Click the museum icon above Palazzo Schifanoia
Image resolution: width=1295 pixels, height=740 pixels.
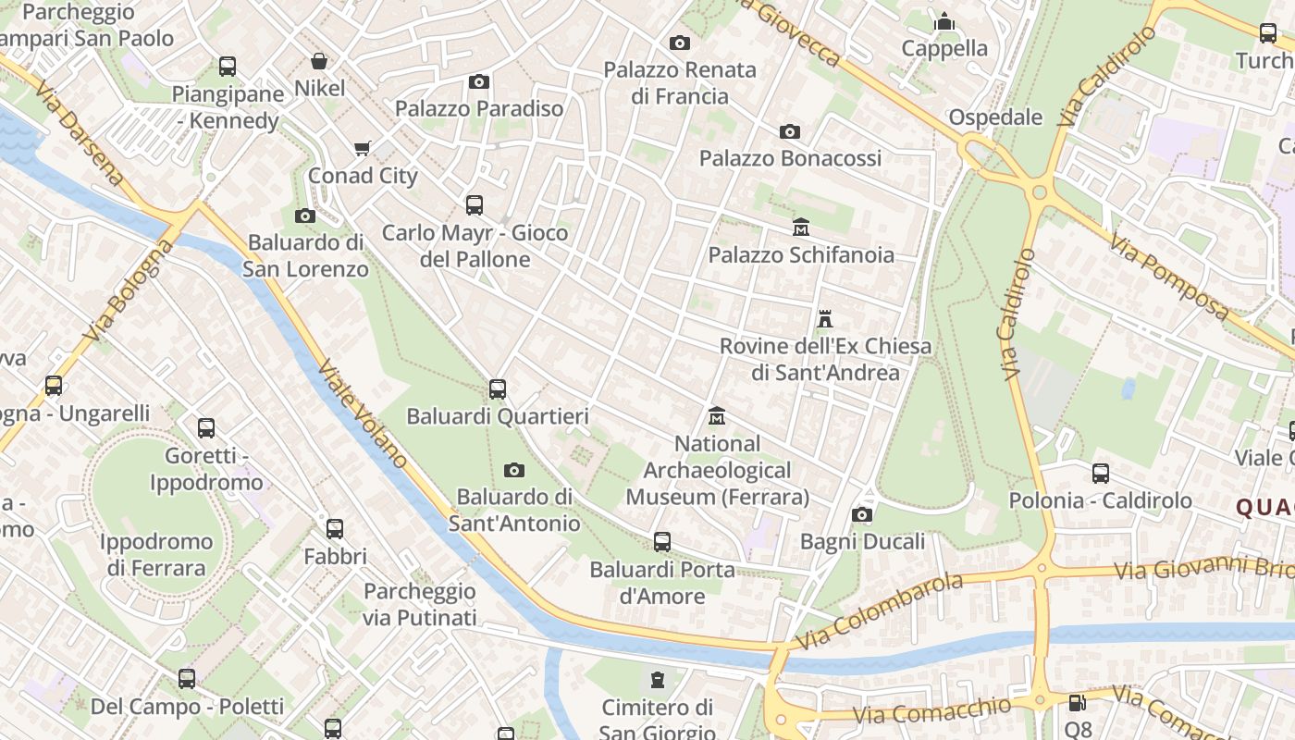pyautogui.click(x=800, y=227)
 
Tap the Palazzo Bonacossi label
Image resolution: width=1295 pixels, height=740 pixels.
pyautogui.click(x=790, y=158)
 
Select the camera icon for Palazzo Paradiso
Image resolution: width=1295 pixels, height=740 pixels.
pyautogui.click(x=478, y=81)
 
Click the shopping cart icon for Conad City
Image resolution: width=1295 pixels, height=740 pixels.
pyautogui.click(x=363, y=148)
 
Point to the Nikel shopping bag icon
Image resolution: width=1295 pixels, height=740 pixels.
pyautogui.click(x=319, y=61)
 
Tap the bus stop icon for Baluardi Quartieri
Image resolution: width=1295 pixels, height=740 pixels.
pyautogui.click(x=498, y=389)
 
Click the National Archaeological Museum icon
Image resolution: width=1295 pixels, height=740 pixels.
pyautogui.click(x=717, y=416)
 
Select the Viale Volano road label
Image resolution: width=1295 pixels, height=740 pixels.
pyautogui.click(x=363, y=413)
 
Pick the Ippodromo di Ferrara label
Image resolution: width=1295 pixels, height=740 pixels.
pyautogui.click(x=155, y=554)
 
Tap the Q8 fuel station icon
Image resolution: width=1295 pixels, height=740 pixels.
pyautogui.click(x=1077, y=703)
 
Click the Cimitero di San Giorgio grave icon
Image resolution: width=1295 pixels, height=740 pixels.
pyautogui.click(x=658, y=680)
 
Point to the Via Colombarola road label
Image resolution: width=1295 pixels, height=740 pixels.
pyautogui.click(x=878, y=610)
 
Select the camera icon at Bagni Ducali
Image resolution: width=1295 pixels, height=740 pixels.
pyautogui.click(x=862, y=514)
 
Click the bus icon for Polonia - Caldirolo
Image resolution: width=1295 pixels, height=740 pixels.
pyautogui.click(x=1101, y=474)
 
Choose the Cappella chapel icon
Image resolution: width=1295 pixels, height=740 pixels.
pyautogui.click(x=944, y=20)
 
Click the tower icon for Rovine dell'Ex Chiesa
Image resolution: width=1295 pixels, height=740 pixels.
pyautogui.click(x=825, y=319)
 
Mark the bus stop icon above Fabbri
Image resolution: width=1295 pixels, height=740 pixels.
pyautogui.click(x=335, y=529)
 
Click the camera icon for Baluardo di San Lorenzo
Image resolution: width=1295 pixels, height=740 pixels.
pyautogui.click(x=304, y=216)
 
